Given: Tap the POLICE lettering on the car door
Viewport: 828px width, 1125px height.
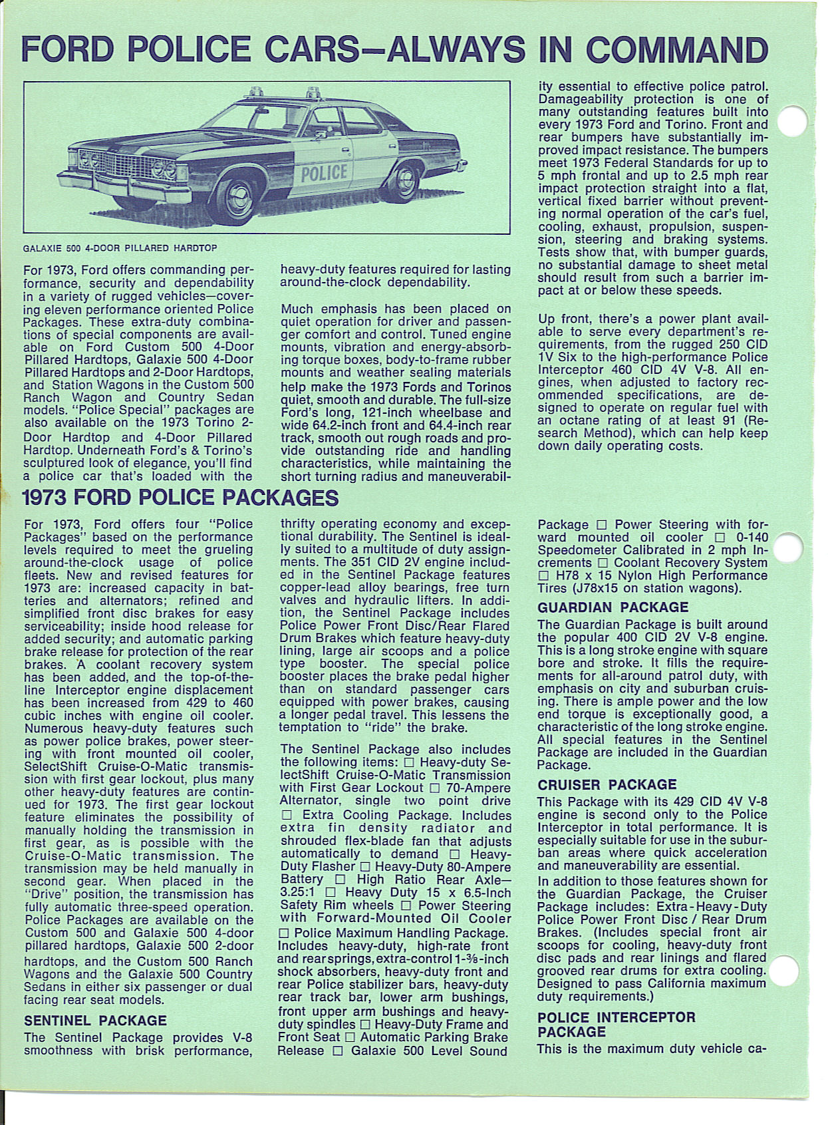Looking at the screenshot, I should click(x=325, y=173).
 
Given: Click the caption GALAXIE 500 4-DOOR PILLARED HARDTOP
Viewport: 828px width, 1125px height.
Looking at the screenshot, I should click(x=120, y=248).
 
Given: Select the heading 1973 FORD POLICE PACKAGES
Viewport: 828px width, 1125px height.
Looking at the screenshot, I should click(x=180, y=498).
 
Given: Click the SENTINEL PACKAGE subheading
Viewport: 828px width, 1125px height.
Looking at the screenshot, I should click(x=95, y=1021).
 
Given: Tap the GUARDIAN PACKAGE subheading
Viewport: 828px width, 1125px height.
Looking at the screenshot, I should click(x=613, y=607).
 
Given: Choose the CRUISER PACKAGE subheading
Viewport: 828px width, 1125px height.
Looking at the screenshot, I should click(x=607, y=784).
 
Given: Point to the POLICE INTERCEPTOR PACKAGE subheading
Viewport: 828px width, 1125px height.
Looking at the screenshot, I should click(x=616, y=1025).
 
